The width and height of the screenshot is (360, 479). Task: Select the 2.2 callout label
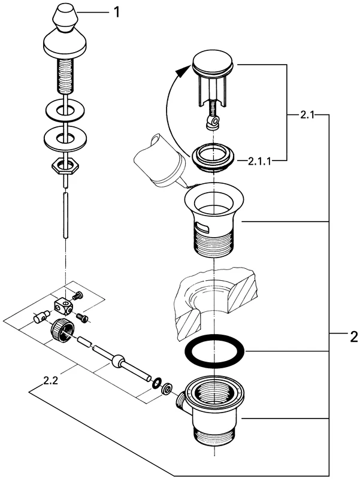tap(52, 380)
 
